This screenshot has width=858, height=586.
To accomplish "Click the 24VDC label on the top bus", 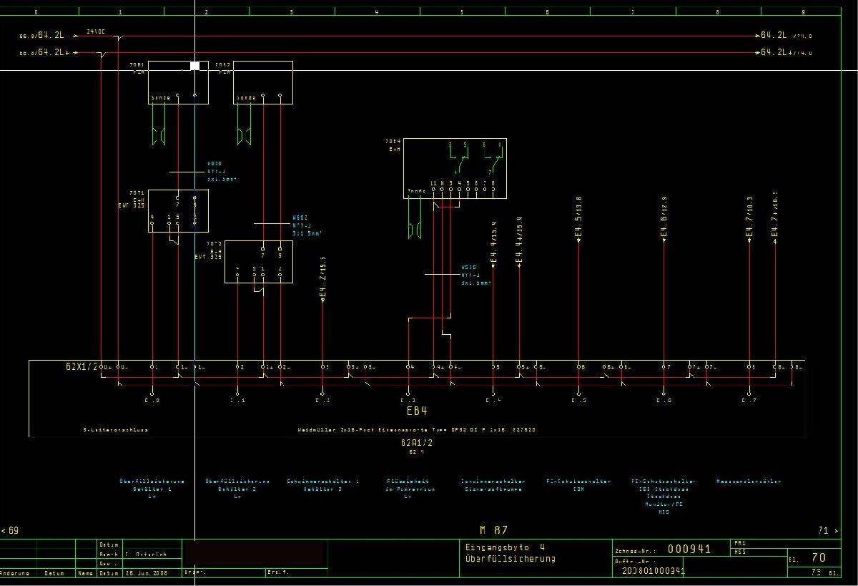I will tap(96, 31).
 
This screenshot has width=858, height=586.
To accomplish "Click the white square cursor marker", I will tap(194, 66).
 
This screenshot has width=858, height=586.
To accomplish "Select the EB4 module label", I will tap(416, 411).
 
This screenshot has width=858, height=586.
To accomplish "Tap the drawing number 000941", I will tap(689, 550).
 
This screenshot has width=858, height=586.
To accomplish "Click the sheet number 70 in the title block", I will tap(819, 557).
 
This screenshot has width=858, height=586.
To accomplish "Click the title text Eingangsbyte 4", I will tap(505, 547).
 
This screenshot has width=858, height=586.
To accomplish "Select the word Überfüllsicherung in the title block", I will tap(510, 558).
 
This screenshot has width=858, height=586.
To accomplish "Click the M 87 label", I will tap(493, 530).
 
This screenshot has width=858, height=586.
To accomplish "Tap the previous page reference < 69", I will tap(10, 530).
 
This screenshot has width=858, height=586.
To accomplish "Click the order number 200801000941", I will tap(654, 571).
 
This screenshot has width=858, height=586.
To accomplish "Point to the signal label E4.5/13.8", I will tap(578, 218).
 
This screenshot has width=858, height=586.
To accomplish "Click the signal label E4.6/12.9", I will tap(664, 218).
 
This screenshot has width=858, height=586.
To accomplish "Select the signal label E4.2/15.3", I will tap(323, 278).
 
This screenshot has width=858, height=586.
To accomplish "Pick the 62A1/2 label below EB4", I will tap(417, 443).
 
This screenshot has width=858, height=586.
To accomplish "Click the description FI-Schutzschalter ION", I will tap(578, 485).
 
